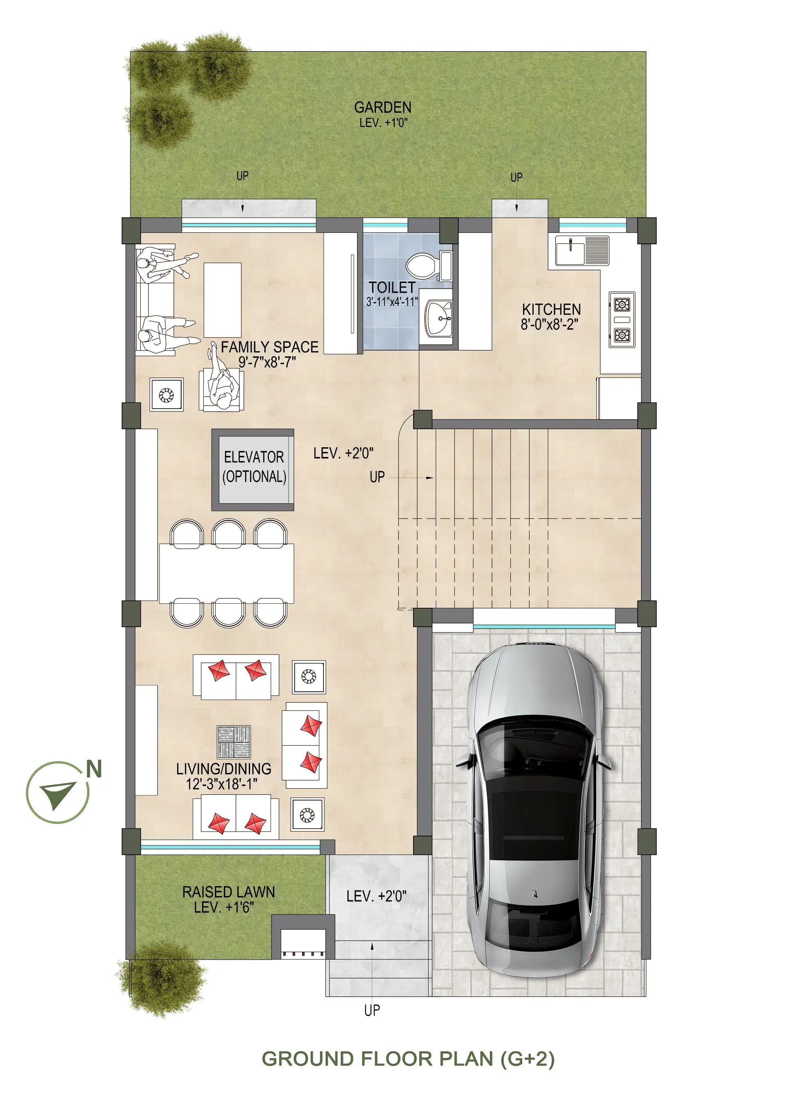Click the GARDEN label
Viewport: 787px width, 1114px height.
[382, 107]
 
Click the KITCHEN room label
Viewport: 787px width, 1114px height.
[551, 309]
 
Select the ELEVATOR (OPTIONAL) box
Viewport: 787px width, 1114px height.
[253, 470]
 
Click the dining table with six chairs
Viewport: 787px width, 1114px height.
[227, 573]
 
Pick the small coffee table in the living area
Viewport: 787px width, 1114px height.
[234, 742]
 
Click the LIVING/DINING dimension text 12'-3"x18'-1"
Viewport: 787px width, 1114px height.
[222, 784]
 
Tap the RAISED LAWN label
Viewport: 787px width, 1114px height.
[229, 892]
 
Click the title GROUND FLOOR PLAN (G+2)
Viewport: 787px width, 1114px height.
[408, 1059]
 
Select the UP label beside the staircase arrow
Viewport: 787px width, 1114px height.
[377, 477]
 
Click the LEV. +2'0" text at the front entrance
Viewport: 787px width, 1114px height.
[377, 896]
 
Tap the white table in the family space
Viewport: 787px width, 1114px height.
[222, 300]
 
